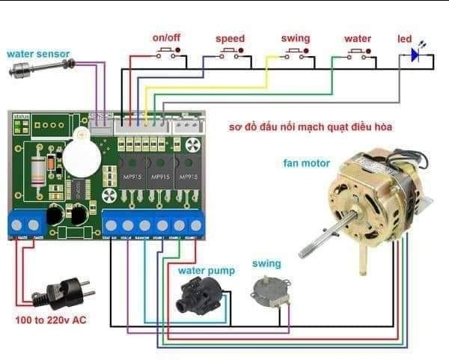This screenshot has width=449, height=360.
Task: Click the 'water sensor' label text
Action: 38,54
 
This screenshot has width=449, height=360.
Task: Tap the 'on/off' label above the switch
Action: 166,37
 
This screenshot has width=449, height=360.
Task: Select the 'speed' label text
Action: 230,38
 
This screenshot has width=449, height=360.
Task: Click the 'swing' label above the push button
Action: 295,37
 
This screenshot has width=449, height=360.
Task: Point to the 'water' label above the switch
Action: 358,38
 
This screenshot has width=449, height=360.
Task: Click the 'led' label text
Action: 405,38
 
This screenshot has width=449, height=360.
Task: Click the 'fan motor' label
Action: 306,162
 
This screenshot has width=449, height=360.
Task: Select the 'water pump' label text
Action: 206,270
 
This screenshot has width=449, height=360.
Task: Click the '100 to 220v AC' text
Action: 50,320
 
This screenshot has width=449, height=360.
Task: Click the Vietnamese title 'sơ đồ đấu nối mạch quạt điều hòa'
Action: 311,127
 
